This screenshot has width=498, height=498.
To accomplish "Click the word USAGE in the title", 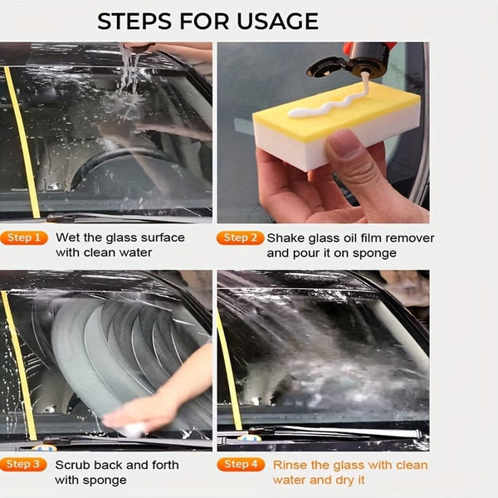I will [275, 21].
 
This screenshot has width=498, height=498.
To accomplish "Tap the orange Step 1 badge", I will [24, 238].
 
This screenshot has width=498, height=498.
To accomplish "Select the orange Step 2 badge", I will [242, 238].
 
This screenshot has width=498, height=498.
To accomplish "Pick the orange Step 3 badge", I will [24, 465].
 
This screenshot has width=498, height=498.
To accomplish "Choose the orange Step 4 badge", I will [242, 465].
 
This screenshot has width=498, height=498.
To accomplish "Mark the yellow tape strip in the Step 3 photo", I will [18, 365].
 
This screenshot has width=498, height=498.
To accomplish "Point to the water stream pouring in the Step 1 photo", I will [129, 71].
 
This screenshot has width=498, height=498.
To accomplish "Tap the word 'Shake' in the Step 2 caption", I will [287, 238].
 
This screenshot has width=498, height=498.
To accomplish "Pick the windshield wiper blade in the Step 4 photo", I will [332, 433].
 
